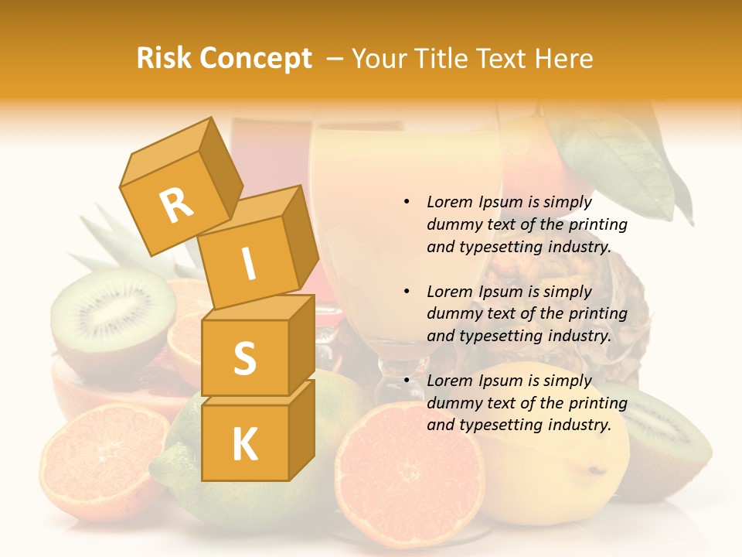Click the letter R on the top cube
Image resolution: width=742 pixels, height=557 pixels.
pos(176,205)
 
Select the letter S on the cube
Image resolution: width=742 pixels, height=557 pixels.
pos(244,358)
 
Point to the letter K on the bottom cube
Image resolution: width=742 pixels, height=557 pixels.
pos(244,444)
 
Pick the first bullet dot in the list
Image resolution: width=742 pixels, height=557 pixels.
pos(407,202)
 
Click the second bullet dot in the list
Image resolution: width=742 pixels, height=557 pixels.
pos(407,292)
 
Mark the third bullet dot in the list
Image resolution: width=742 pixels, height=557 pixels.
pos(407,381)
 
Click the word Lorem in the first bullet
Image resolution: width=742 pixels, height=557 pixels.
pos(450,202)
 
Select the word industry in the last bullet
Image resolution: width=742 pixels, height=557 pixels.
pos(578,425)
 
